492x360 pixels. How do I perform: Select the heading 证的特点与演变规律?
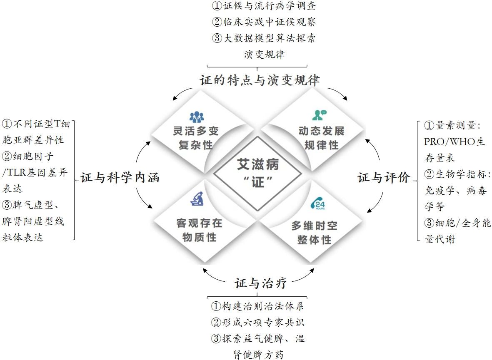pyautogui.click(x=260, y=80)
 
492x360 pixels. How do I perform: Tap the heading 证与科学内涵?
pyautogui.click(x=120, y=178)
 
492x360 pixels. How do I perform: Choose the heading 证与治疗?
pyautogui.click(x=261, y=284)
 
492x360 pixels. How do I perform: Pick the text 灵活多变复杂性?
pyautogui.click(x=196, y=139)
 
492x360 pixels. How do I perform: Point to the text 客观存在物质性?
pyautogui.click(x=200, y=230)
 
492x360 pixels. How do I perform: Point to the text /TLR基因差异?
pyautogui.click(x=35, y=173)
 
